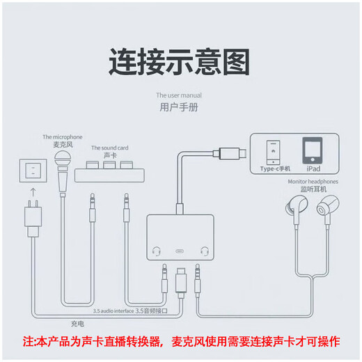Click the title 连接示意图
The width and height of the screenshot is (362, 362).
click(179, 63)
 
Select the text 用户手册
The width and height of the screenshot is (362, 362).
click(179, 108)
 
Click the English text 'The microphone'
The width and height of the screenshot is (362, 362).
click(62, 136)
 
